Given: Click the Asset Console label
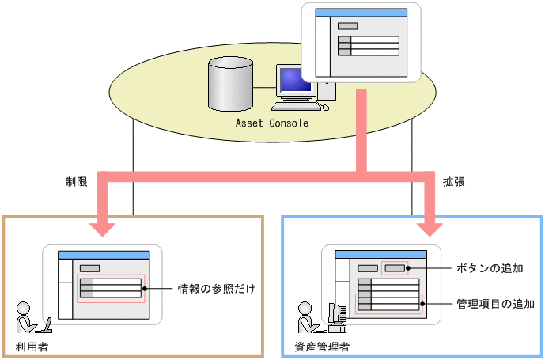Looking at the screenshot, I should [272, 123].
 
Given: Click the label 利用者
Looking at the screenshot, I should [32, 347].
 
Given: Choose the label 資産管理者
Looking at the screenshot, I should [322, 347].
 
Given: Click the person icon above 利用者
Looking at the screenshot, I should [26, 317].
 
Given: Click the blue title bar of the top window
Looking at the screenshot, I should [361, 13].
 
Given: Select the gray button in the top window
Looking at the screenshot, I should [346, 26].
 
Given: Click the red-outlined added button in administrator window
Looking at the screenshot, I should [395, 268].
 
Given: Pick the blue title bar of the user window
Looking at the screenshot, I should [104, 254].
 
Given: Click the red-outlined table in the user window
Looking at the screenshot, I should [111, 288].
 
